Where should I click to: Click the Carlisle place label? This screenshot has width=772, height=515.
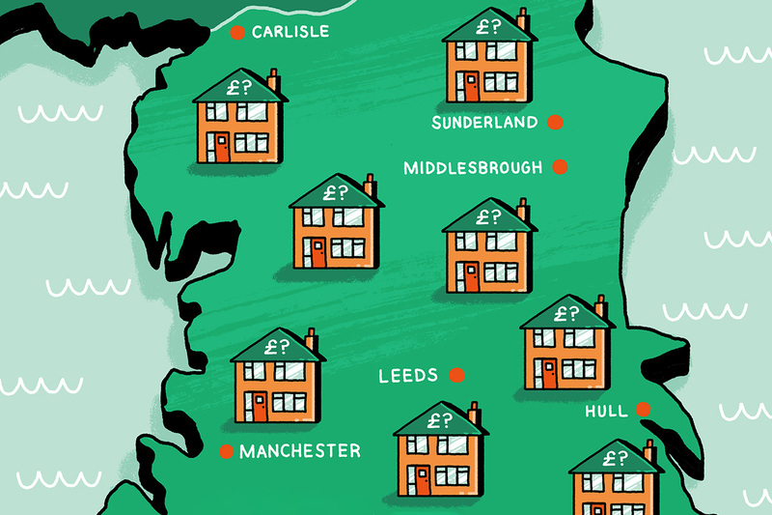point(289,32)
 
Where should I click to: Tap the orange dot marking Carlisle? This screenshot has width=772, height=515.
point(236,33)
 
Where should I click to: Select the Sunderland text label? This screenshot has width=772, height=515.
point(483,123)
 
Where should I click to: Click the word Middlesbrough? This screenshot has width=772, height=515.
point(473,168)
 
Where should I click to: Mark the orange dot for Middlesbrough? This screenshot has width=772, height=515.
point(559,168)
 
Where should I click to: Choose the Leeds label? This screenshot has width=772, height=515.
point(408,375)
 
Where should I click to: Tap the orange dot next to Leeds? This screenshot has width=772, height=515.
point(457,375)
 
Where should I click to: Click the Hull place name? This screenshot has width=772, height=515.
point(606,412)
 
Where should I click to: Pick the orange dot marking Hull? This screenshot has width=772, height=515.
point(644,411)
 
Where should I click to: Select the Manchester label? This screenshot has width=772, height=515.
point(300,451)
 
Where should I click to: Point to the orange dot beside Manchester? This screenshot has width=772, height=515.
point(227,451)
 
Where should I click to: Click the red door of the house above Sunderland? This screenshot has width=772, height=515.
point(470,84)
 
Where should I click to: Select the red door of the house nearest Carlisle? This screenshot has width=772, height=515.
point(222,147)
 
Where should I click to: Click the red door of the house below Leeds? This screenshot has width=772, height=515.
point(422,478)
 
